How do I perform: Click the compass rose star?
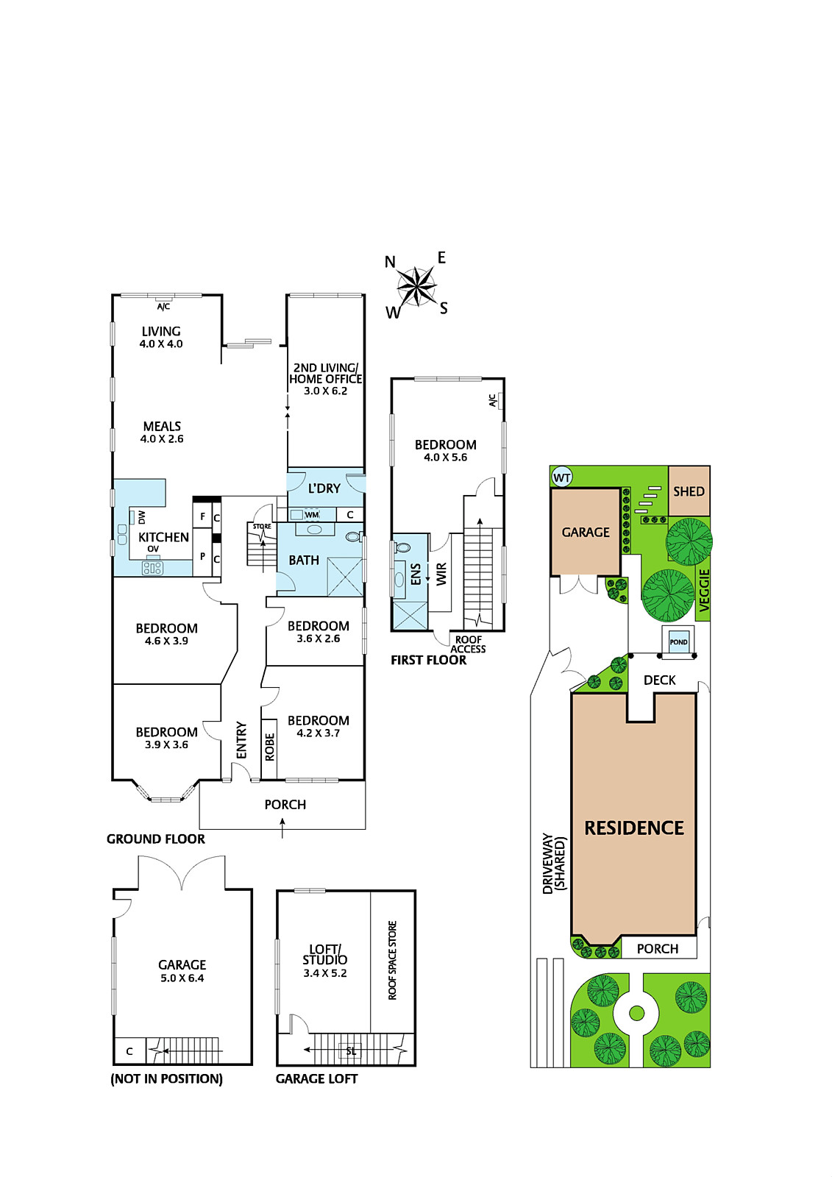[x=416, y=286]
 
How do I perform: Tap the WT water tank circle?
[x=562, y=477]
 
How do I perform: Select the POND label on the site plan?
[x=678, y=642]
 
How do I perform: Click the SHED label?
[x=689, y=491]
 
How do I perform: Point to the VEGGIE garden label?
[x=704, y=591]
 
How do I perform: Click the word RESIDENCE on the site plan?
[x=634, y=828]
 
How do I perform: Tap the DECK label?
[x=660, y=680]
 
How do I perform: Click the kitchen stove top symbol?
[x=152, y=567]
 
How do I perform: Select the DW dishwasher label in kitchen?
[x=142, y=517]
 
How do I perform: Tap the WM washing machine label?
[x=312, y=514]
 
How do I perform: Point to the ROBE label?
[x=270, y=747]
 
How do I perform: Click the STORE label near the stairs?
[x=262, y=526]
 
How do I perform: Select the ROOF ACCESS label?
[x=469, y=644]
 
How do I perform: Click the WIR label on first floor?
[x=441, y=574]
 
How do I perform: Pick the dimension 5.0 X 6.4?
[x=182, y=978]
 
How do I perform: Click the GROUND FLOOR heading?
[x=155, y=839]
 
